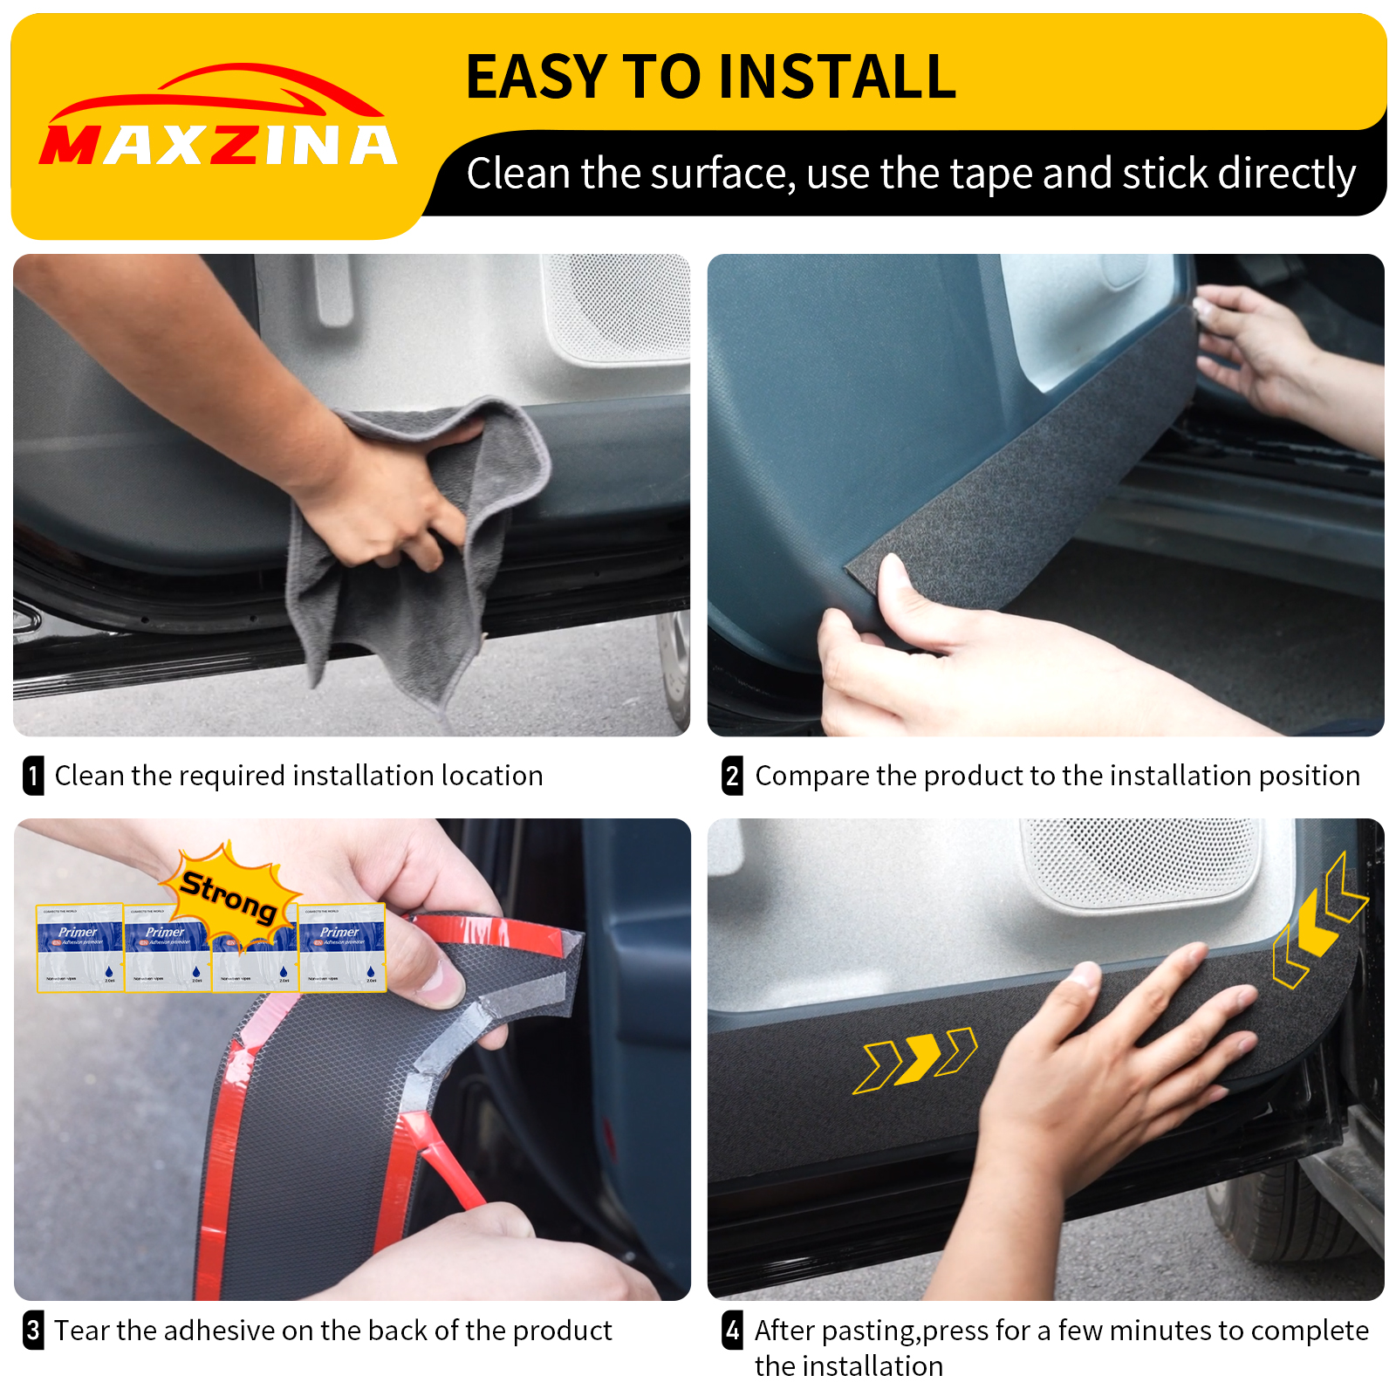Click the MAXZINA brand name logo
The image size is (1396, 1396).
coord(218,145)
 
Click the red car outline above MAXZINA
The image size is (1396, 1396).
coord(214,92)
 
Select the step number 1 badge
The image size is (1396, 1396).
coord(33,776)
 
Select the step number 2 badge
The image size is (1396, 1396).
coord(733,776)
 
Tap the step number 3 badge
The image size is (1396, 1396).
coord(33,1331)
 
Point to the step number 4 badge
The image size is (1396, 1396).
coord(733,1331)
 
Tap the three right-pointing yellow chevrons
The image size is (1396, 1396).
coord(914,1059)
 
